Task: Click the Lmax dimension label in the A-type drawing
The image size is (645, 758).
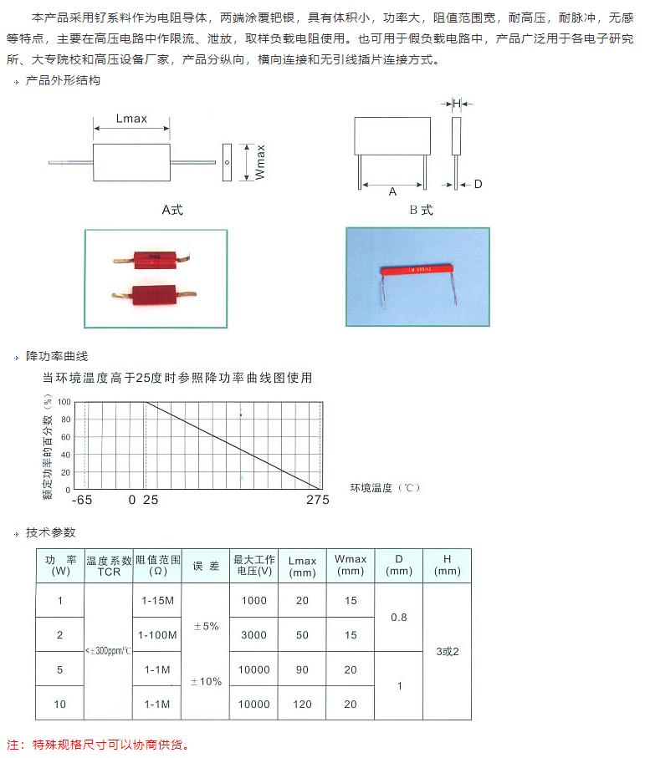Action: [x=131, y=119]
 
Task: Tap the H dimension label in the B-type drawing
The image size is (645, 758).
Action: [x=457, y=104]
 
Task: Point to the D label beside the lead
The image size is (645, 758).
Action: [x=478, y=184]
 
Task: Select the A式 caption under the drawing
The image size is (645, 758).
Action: [x=171, y=210]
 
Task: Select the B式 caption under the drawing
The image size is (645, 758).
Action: [x=421, y=210]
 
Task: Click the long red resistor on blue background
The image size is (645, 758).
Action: [x=417, y=270]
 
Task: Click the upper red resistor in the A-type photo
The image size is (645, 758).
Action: [x=154, y=262]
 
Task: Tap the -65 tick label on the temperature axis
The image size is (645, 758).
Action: [x=82, y=500]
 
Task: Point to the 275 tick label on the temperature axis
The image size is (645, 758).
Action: [x=318, y=500]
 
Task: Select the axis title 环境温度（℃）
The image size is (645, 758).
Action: [x=386, y=488]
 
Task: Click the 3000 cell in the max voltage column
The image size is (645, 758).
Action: [x=253, y=635]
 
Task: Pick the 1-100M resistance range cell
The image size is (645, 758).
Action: [x=157, y=635]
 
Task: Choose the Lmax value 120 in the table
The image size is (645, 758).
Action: [x=302, y=705]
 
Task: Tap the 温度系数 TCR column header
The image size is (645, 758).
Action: [x=109, y=566]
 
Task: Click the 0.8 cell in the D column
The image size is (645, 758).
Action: [x=399, y=618]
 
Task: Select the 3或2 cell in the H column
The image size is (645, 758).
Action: [x=448, y=652]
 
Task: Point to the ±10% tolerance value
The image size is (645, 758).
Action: [x=206, y=682]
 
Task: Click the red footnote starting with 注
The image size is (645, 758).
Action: [x=98, y=745]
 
